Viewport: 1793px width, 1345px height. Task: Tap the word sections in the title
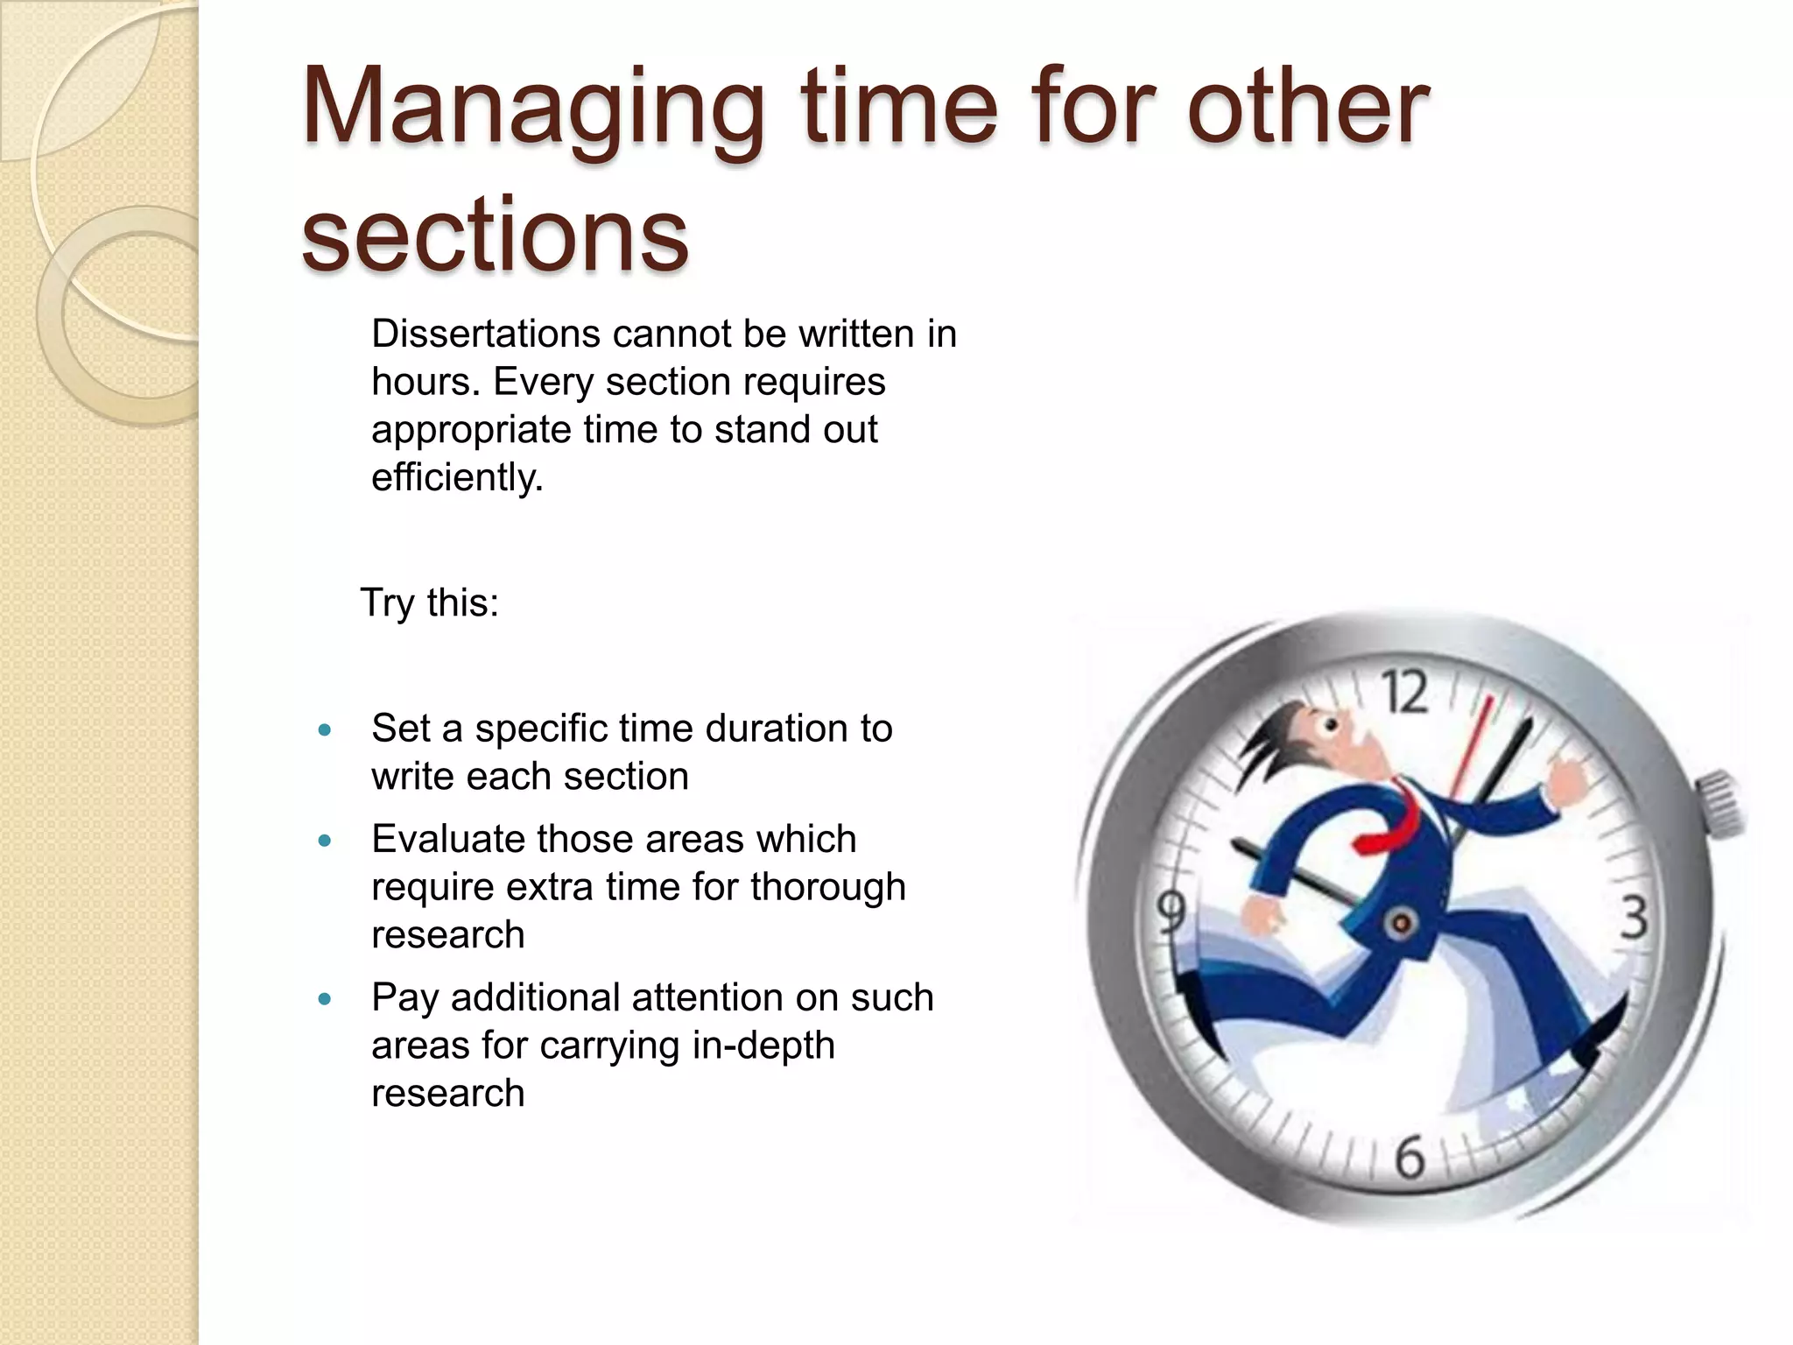[495, 235]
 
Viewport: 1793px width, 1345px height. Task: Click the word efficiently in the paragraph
[455, 478]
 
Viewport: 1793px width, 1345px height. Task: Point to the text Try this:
[429, 602]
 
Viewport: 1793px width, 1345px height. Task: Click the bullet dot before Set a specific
[325, 729]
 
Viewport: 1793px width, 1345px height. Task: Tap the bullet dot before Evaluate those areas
[325, 841]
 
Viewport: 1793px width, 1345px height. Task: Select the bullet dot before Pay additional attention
[325, 998]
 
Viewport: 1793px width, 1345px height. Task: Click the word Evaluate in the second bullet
[447, 840]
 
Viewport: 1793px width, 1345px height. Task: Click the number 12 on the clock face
[1405, 693]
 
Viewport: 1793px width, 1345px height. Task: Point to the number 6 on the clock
[1410, 1158]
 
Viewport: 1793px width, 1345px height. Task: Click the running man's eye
[1331, 726]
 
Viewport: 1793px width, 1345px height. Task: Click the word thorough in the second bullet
[827, 887]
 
